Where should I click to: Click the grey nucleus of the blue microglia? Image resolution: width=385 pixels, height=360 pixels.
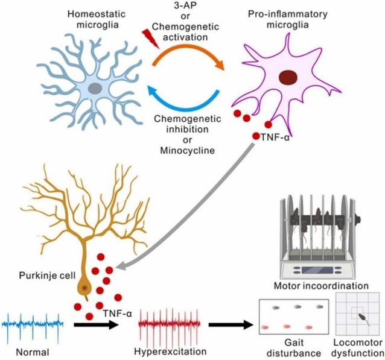point(95,88)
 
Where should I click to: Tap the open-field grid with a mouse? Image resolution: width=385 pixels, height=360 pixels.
point(360,318)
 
